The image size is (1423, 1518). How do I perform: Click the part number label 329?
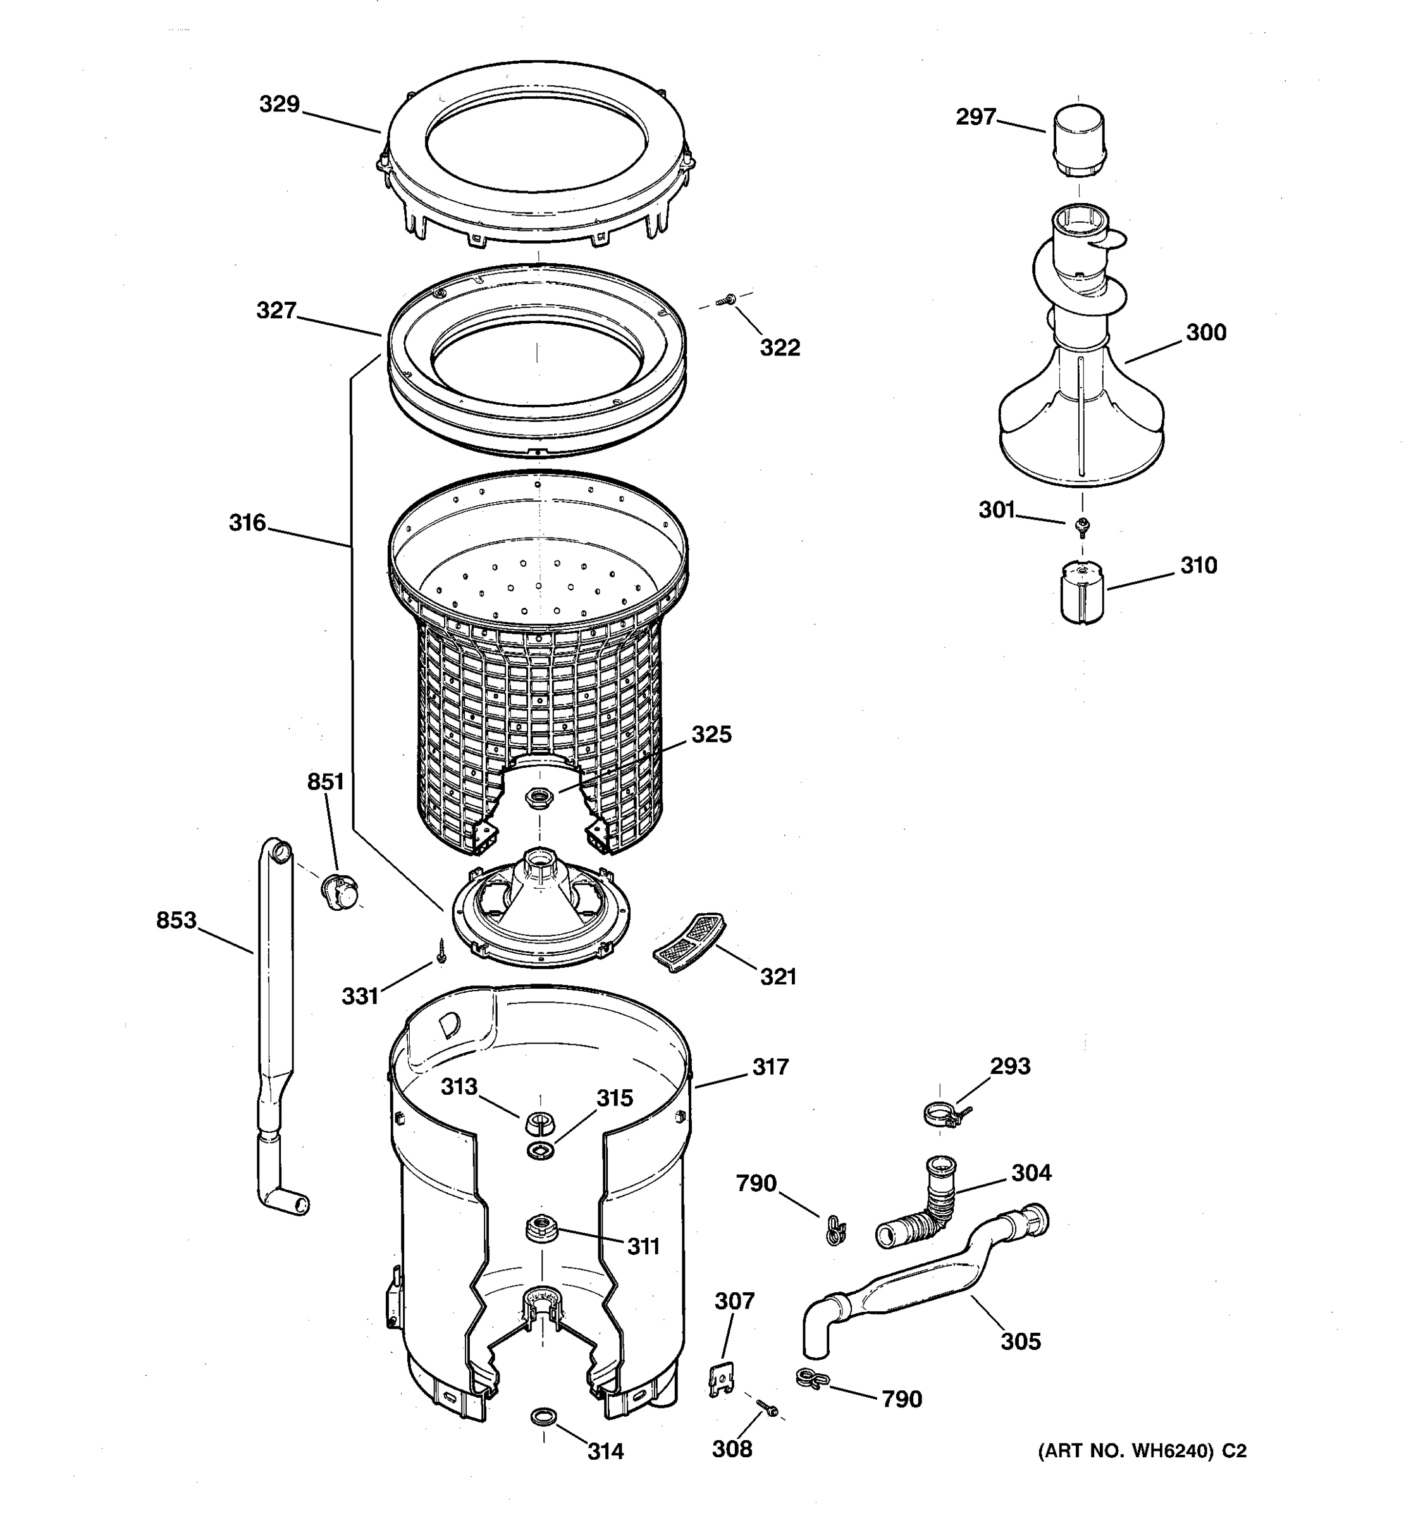[x=280, y=104]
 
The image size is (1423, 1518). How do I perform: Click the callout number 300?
[x=1205, y=332]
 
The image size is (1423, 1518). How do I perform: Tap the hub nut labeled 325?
[x=539, y=799]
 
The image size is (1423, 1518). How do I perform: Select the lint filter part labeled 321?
[x=689, y=942]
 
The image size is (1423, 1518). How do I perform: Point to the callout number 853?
[x=176, y=921]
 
